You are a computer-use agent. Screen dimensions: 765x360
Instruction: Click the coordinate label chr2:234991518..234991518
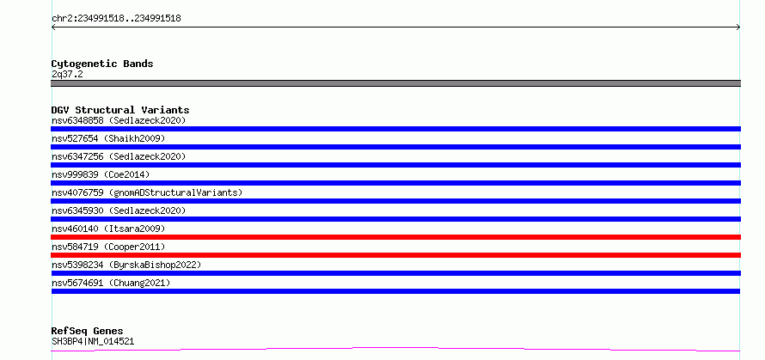(x=116, y=19)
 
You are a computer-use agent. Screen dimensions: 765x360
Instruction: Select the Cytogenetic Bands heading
(x=102, y=64)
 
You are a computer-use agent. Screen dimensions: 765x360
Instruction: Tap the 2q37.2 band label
(x=67, y=75)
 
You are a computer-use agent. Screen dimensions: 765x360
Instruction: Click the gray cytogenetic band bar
(x=395, y=83)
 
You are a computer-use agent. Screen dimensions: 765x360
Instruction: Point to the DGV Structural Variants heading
(x=120, y=110)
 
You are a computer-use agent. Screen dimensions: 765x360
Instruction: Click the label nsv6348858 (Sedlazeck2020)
(x=119, y=120)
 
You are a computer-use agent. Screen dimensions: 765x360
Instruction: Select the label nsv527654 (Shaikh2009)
(x=108, y=138)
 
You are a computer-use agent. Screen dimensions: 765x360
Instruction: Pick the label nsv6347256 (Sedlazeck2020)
(x=119, y=156)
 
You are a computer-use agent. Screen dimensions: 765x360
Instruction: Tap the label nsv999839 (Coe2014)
(x=101, y=174)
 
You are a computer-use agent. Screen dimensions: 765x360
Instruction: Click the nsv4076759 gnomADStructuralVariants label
(x=147, y=192)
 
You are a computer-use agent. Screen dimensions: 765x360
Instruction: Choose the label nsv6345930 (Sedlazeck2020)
(x=119, y=211)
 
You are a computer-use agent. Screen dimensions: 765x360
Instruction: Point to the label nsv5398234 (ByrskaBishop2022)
(x=126, y=265)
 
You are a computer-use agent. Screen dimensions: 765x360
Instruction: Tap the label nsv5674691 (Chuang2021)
(x=111, y=283)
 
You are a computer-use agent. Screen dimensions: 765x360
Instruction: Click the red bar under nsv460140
(x=395, y=237)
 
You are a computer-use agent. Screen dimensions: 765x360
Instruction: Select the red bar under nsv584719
(x=395, y=255)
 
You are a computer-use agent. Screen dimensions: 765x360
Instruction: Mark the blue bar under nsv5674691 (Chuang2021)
(x=395, y=291)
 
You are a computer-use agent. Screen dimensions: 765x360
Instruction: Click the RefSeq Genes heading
(x=87, y=332)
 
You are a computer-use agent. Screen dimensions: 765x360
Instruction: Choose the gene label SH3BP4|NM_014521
(x=93, y=342)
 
